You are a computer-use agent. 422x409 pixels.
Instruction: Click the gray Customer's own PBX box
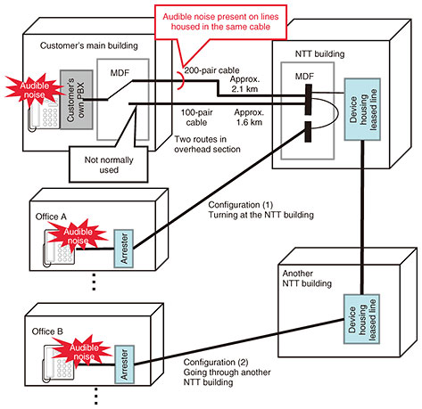[x=77, y=100]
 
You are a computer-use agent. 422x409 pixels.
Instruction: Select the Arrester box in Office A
[x=123, y=249]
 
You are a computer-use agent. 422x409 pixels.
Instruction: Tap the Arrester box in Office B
[x=124, y=364]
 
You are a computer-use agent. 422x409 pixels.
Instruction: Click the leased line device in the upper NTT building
[x=362, y=110]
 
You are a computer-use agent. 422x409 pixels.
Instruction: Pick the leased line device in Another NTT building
[x=361, y=319]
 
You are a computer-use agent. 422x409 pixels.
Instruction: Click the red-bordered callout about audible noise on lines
[x=220, y=22]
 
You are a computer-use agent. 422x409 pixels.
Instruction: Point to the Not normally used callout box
[x=109, y=164]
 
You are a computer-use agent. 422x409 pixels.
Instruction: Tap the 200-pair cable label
[x=211, y=70]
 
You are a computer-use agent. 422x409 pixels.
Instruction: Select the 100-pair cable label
[x=196, y=118]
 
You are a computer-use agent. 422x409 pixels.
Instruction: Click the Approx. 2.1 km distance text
[x=244, y=84]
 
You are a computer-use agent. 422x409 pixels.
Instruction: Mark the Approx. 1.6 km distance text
[x=249, y=118]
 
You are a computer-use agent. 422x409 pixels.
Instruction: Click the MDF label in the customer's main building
[x=120, y=73]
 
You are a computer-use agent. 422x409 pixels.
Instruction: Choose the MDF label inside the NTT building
[x=304, y=77]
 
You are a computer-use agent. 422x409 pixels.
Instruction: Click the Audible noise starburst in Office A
[x=78, y=234]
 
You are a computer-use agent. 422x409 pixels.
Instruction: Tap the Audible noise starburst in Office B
[x=83, y=351]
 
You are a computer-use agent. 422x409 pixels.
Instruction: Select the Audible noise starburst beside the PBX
[x=35, y=90]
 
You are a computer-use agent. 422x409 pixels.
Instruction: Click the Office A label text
[x=51, y=217]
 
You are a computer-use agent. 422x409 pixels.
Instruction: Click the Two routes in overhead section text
[x=207, y=144]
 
